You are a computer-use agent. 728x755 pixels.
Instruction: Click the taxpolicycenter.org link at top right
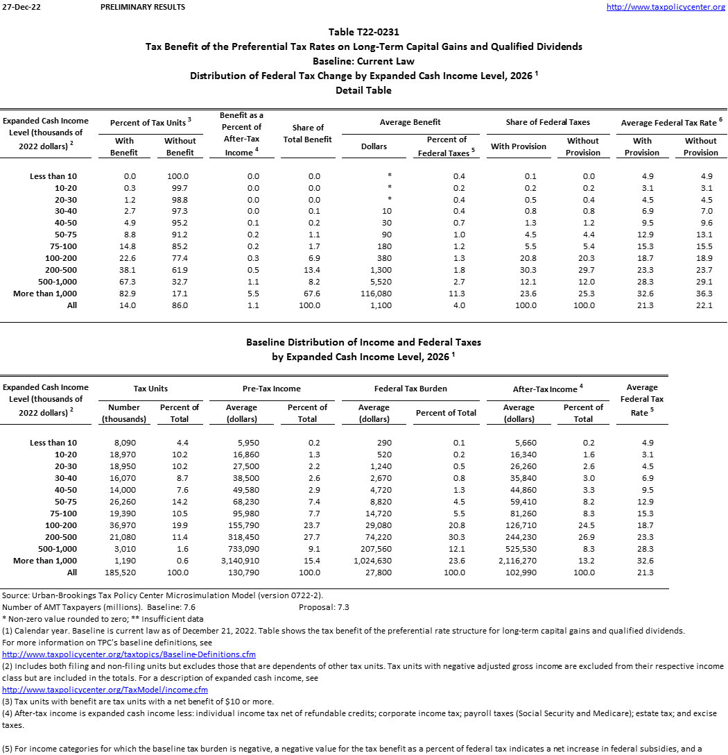666,7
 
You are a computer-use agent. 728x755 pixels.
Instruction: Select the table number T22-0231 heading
363,32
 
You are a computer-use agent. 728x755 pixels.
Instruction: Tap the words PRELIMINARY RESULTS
143,7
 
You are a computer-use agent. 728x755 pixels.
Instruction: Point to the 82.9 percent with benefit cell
125,294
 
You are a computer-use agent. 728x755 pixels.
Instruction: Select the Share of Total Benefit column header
308,133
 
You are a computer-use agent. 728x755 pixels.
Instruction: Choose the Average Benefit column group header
410,122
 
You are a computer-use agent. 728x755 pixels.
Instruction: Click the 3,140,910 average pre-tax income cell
241,561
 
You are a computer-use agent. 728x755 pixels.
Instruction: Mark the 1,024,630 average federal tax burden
374,561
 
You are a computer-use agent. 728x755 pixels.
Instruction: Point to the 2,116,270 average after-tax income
519,561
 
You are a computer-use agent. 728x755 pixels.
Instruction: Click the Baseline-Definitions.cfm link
129,654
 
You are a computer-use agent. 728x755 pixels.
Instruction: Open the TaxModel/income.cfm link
105,690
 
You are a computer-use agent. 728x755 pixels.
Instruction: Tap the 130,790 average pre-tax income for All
241,572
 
